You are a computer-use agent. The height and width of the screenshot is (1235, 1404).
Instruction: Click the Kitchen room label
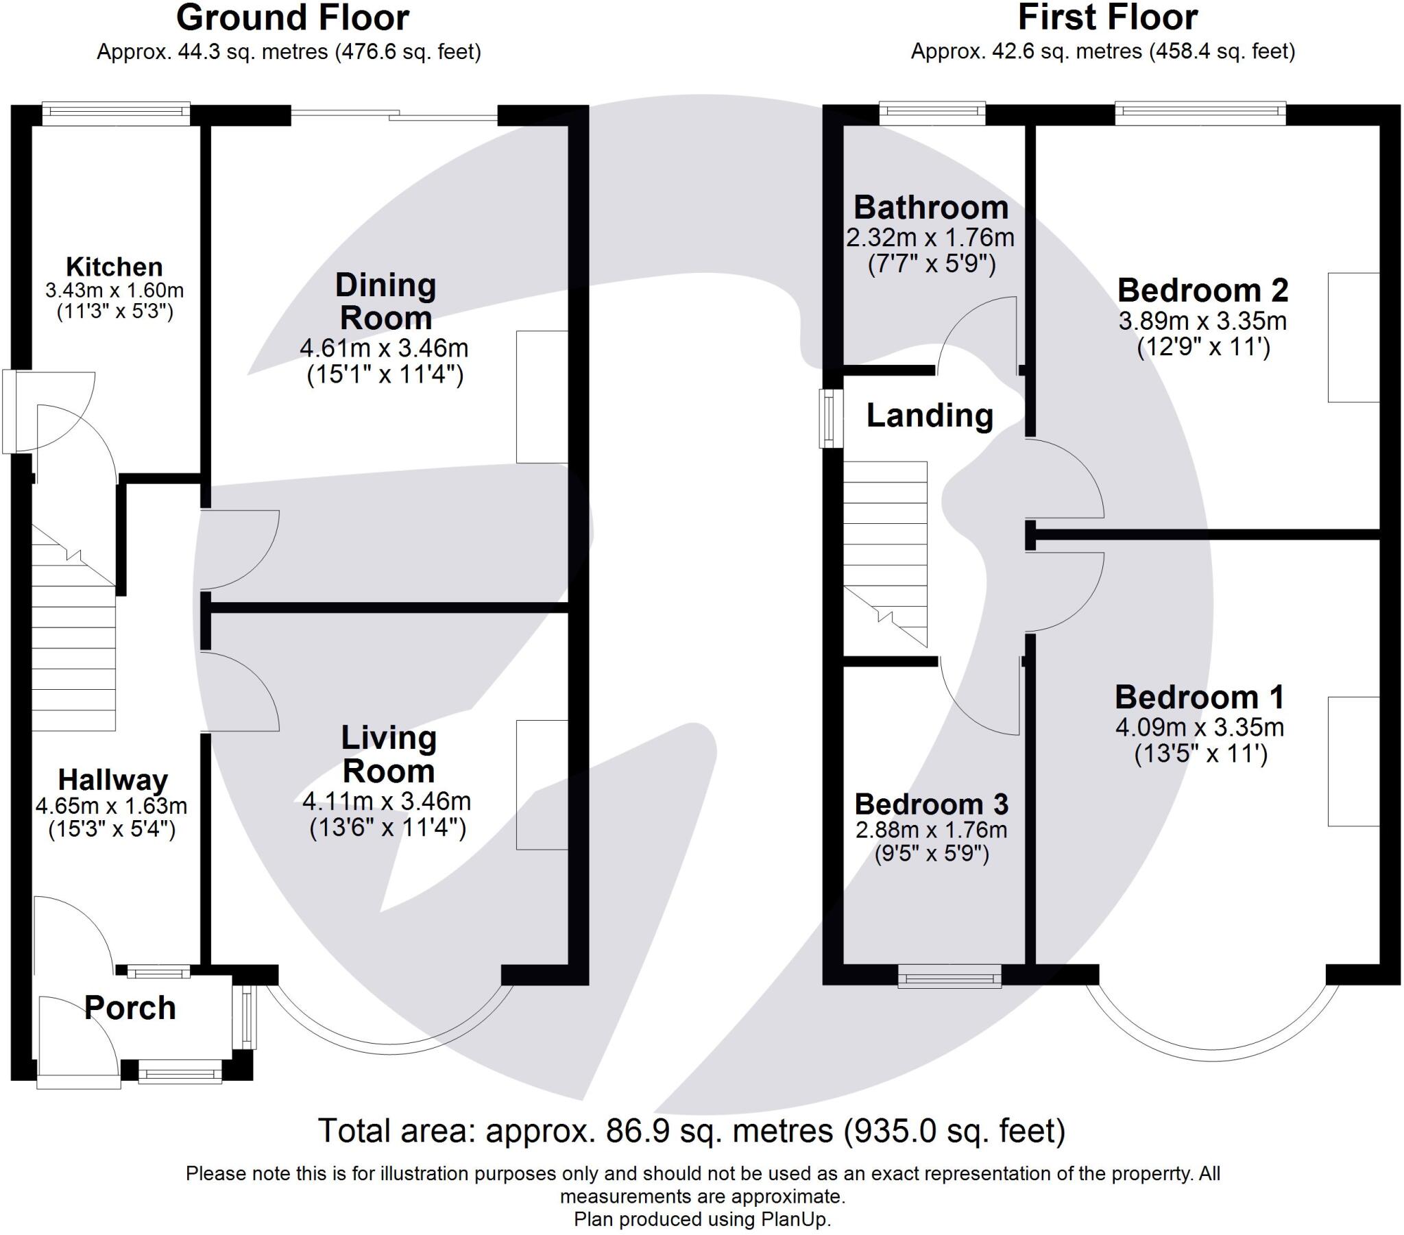tap(114, 267)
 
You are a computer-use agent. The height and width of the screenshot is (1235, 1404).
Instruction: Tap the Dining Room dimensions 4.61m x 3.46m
tap(384, 348)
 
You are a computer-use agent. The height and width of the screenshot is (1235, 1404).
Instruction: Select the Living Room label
tap(389, 754)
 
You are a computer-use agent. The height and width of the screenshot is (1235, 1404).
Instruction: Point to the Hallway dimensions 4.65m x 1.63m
tap(111, 805)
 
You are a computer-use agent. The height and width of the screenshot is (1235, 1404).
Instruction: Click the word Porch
tap(130, 1008)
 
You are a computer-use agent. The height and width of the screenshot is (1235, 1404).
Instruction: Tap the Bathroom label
tap(931, 208)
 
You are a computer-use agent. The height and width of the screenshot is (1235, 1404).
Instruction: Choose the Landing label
tap(930, 416)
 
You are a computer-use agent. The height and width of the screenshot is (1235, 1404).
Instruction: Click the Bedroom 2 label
tap(1202, 291)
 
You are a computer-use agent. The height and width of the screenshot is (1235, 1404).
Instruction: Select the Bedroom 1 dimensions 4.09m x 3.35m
tap(1199, 727)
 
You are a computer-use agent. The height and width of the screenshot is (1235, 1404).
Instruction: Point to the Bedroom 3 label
tap(932, 804)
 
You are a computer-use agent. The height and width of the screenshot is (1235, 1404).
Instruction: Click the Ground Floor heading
tap(293, 18)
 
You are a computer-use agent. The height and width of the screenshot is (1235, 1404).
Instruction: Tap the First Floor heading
tap(1108, 18)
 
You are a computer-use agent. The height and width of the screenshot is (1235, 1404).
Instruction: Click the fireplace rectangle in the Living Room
tap(543, 785)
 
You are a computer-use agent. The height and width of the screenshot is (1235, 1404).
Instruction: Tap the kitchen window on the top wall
tap(115, 114)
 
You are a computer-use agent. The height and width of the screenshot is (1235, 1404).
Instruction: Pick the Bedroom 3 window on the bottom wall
tap(950, 976)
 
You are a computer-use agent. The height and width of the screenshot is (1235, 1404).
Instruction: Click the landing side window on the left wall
tap(831, 418)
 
